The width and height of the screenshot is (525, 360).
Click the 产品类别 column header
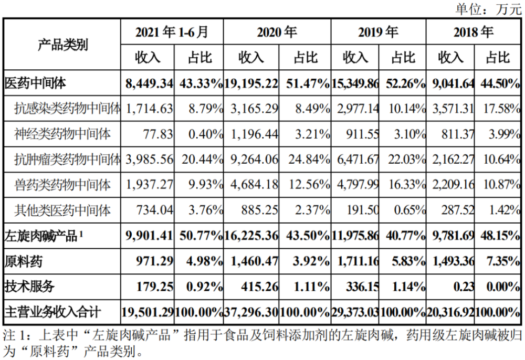(62, 45)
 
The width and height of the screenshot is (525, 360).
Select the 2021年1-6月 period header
(172, 32)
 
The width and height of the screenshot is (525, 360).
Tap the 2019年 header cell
(379, 32)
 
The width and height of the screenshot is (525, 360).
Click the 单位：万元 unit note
(488, 9)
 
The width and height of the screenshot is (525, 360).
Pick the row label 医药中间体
(35, 83)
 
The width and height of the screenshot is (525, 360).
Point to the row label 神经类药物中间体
(62, 134)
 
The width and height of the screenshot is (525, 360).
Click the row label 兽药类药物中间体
(62, 185)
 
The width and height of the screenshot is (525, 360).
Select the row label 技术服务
(29, 287)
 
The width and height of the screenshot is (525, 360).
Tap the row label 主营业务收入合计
(52, 312)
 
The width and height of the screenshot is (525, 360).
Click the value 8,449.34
(149, 83)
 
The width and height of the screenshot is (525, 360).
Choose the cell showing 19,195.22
(251, 83)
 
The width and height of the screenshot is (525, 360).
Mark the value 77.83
(158, 134)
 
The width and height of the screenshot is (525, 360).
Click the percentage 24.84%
(309, 159)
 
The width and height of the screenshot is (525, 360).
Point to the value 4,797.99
(358, 185)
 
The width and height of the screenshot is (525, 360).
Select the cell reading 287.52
(458, 210)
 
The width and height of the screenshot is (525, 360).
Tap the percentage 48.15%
(500, 236)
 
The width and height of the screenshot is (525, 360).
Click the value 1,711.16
(358, 261)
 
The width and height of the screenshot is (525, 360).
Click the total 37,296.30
(251, 312)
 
